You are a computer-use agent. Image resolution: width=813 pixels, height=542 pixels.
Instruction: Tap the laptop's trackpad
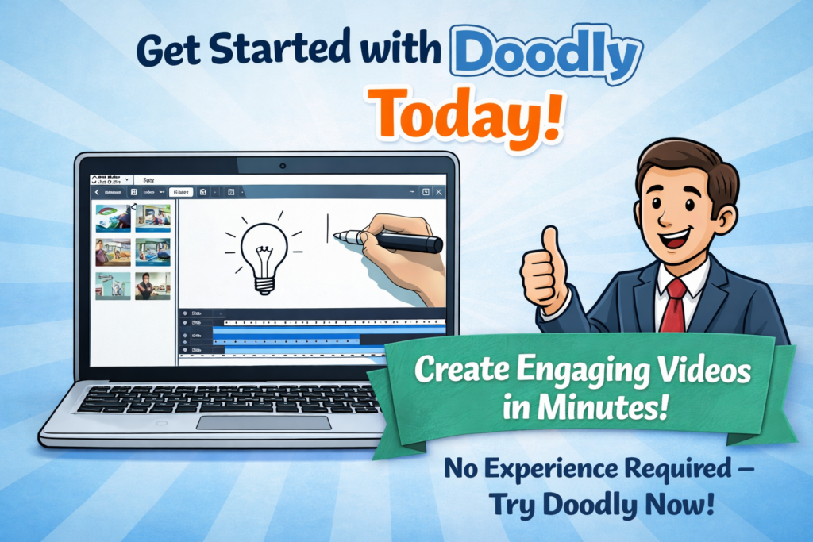click(x=263, y=422)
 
